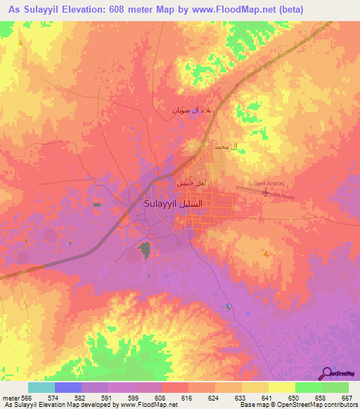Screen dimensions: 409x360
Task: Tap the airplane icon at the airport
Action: point(266,193)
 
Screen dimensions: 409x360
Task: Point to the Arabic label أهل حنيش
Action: point(189,181)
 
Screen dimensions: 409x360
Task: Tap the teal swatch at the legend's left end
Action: point(41,387)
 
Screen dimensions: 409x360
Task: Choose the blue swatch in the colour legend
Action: point(68,387)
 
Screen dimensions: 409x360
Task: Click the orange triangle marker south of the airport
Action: point(265,252)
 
